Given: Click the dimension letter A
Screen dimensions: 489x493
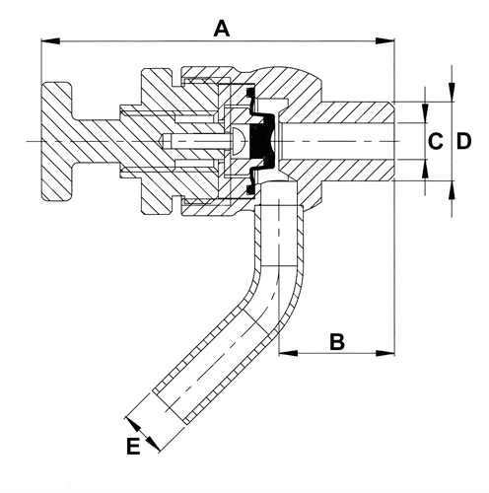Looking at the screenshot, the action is pyautogui.click(x=222, y=29).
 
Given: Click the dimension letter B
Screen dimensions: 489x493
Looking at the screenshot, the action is pyautogui.click(x=337, y=341).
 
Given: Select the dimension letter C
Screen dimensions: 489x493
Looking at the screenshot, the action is pyautogui.click(x=436, y=141).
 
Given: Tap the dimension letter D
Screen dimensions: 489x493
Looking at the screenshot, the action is pyautogui.click(x=463, y=141).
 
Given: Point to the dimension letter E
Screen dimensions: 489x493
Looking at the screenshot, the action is pyautogui.click(x=133, y=446).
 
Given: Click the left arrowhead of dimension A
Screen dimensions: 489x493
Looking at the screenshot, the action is pyautogui.click(x=50, y=41).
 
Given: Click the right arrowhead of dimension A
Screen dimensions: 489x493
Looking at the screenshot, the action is pyautogui.click(x=384, y=41).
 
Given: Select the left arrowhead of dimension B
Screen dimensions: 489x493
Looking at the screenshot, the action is pyautogui.click(x=288, y=353).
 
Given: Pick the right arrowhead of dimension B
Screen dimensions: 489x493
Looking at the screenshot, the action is pyautogui.click(x=385, y=353).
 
